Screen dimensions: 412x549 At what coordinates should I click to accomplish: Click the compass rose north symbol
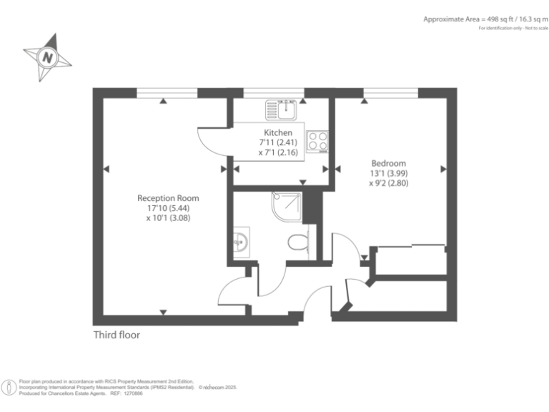click(47, 56)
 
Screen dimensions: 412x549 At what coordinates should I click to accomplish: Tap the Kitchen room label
click(278, 133)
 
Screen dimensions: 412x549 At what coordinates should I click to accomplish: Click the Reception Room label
click(168, 198)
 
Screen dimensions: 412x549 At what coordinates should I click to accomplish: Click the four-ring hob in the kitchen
click(317, 141)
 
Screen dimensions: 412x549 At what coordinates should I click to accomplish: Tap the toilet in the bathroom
click(297, 243)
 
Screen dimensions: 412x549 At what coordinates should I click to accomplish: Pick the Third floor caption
click(117, 335)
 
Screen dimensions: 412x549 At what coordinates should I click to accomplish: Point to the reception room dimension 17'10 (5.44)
click(168, 208)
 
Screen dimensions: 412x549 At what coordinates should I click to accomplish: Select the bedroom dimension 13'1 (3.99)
click(387, 173)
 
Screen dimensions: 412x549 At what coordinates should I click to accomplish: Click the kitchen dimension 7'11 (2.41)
click(278, 143)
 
